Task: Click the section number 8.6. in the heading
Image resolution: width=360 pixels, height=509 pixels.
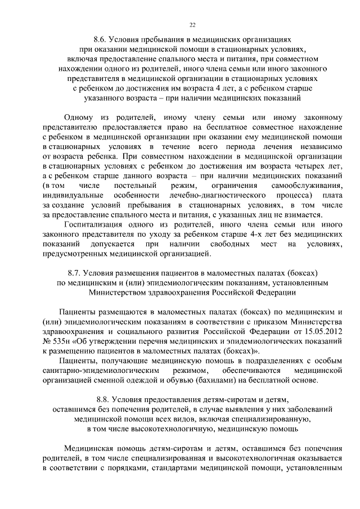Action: (102, 40)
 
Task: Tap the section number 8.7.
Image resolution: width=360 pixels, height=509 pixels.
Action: (78, 273)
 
